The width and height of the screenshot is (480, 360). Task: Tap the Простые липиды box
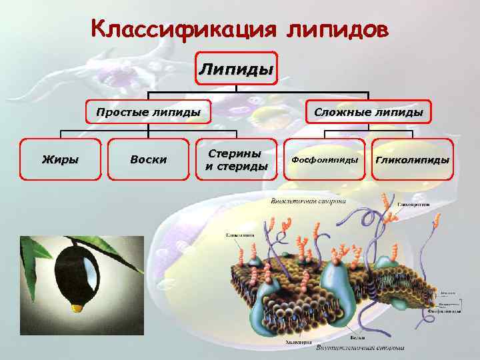pyautogui.click(x=148, y=112)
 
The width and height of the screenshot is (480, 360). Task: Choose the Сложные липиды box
pyautogui.click(x=369, y=112)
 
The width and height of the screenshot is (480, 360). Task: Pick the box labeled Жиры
pyautogui.click(x=60, y=159)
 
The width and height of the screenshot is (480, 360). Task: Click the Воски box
pyautogui.click(x=149, y=159)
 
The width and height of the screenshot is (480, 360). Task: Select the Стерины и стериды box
pyautogui.click(x=236, y=159)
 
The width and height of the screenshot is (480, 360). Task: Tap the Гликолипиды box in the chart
pyautogui.click(x=413, y=160)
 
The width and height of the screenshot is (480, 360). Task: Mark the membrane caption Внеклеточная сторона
pyautogui.click(x=307, y=201)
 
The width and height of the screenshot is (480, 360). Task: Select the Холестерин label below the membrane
pyautogui.click(x=299, y=342)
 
